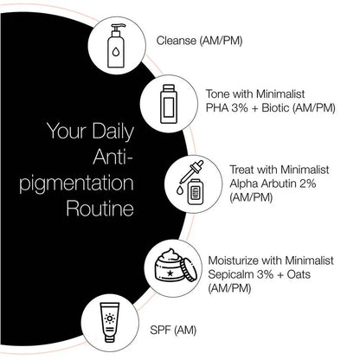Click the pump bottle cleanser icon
[116, 41]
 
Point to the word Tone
[219, 93]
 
